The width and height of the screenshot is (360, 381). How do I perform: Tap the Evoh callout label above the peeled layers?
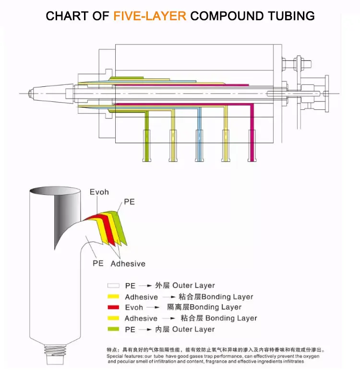99,192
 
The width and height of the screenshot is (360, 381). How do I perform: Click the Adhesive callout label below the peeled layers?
128,263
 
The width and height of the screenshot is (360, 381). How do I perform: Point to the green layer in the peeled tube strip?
120,226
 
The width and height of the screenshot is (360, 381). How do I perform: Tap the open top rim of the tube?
54,190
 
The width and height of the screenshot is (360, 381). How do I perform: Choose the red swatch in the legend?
113,307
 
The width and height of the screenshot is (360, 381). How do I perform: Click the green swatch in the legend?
113,329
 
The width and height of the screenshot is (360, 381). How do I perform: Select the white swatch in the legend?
113,286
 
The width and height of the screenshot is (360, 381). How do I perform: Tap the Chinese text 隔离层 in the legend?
177,307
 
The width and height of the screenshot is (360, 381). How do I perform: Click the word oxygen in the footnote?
310,357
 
